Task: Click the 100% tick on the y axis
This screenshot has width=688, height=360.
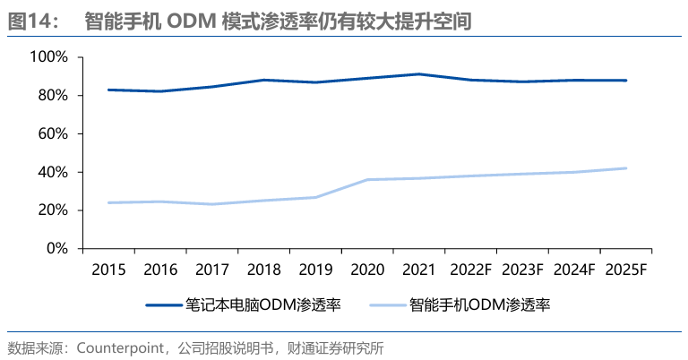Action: click(49, 56)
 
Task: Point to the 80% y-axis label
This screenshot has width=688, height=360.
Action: click(52, 95)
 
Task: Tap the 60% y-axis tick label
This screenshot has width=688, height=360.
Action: click(52, 133)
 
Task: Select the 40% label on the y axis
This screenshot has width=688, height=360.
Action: click(52, 172)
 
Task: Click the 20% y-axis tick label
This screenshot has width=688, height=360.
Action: click(52, 210)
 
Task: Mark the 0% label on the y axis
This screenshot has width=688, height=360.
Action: click(56, 248)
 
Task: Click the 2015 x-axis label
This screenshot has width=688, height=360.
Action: click(107, 270)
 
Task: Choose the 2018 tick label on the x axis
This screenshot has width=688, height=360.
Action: click(263, 270)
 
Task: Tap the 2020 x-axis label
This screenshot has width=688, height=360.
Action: click(367, 270)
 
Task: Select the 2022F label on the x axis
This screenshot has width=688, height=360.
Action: click(471, 270)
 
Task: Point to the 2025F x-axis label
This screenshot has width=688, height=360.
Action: click(626, 270)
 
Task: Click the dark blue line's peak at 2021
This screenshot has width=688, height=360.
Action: click(419, 73)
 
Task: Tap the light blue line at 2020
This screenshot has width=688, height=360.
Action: click(367, 179)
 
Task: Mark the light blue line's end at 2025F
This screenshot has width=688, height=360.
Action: click(626, 167)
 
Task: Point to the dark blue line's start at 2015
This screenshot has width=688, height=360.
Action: click(107, 90)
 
